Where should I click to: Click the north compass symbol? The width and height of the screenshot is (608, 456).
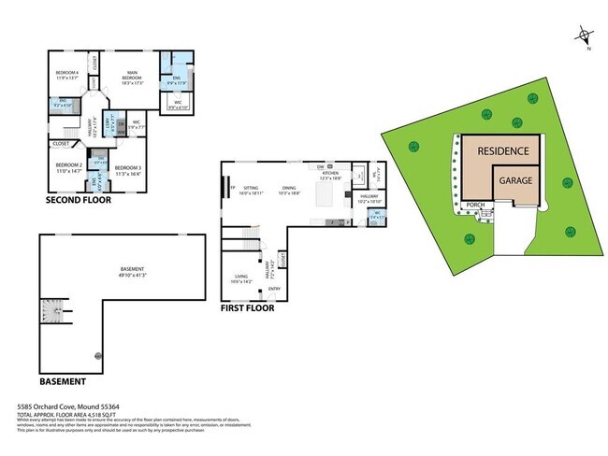pyautogui.click(x=585, y=38)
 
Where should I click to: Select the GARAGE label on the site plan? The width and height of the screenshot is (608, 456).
pyautogui.click(x=516, y=179)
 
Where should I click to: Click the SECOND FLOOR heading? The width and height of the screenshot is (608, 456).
pyautogui.click(x=79, y=200)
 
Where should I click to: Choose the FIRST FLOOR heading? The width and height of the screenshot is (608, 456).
pyautogui.click(x=247, y=307)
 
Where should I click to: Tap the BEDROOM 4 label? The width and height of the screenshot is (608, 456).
pyautogui.click(x=65, y=72)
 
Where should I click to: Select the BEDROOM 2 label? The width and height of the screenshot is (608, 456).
pyautogui.click(x=70, y=164)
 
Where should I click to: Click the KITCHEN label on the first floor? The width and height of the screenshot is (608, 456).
pyautogui.click(x=331, y=174)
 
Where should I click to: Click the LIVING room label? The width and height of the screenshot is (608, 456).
pyautogui.click(x=242, y=276)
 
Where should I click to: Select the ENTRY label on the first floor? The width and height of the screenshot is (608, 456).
pyautogui.click(x=274, y=288)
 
